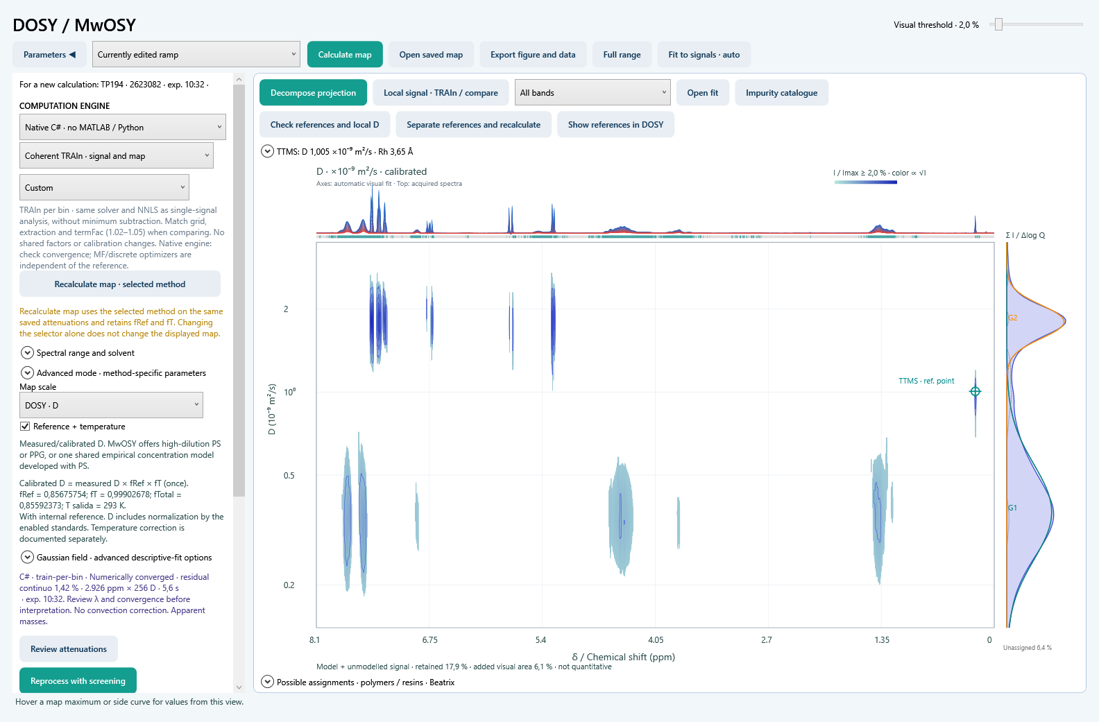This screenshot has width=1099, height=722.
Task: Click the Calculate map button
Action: tap(344, 54)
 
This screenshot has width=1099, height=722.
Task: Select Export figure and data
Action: tap(533, 54)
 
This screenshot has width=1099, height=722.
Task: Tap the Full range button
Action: tap(622, 54)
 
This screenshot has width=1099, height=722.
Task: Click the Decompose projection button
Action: tap(313, 93)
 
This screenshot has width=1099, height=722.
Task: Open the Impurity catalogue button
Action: tap(781, 93)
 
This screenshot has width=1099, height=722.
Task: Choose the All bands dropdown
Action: tap(593, 93)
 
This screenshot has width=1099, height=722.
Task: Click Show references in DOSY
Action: tap(615, 125)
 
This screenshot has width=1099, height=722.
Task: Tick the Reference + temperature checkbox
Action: tap(25, 427)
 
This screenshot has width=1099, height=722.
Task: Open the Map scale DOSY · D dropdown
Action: tap(111, 405)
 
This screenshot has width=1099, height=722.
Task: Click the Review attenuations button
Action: tap(69, 649)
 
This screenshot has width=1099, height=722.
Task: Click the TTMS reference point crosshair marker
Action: tap(975, 391)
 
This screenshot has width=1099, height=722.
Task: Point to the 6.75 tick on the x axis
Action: tap(429, 639)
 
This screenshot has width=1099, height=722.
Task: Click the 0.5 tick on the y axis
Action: tap(289, 475)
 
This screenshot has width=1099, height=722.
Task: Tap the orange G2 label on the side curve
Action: tap(1013, 318)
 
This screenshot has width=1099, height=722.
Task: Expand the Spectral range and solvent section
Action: tap(27, 352)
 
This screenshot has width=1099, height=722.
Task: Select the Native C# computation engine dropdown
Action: tap(122, 127)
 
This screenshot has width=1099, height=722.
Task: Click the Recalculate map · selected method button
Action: tap(120, 284)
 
